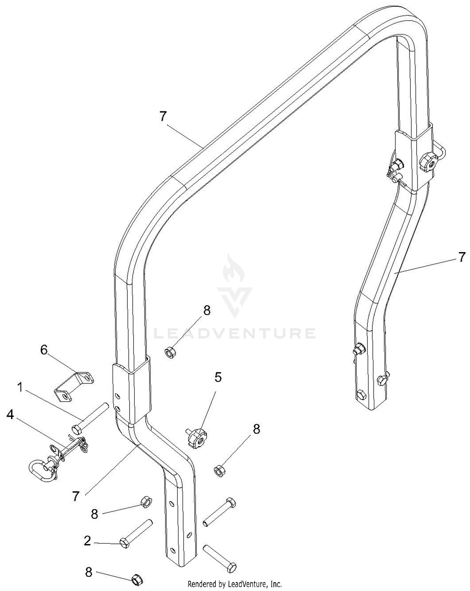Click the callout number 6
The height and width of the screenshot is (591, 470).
point(44,350)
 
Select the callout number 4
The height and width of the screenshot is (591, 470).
point(10,415)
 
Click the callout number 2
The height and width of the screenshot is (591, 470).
point(87,541)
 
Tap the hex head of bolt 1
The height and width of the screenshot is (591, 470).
point(76,429)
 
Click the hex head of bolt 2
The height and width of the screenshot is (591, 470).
point(125,543)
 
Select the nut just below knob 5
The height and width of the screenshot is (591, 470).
point(219,471)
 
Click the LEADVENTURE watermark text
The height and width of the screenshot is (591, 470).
point(235,333)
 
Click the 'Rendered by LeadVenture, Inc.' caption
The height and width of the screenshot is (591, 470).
point(234,584)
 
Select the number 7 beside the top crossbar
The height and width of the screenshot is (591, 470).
point(163,117)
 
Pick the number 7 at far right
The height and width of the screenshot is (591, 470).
point(462,257)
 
